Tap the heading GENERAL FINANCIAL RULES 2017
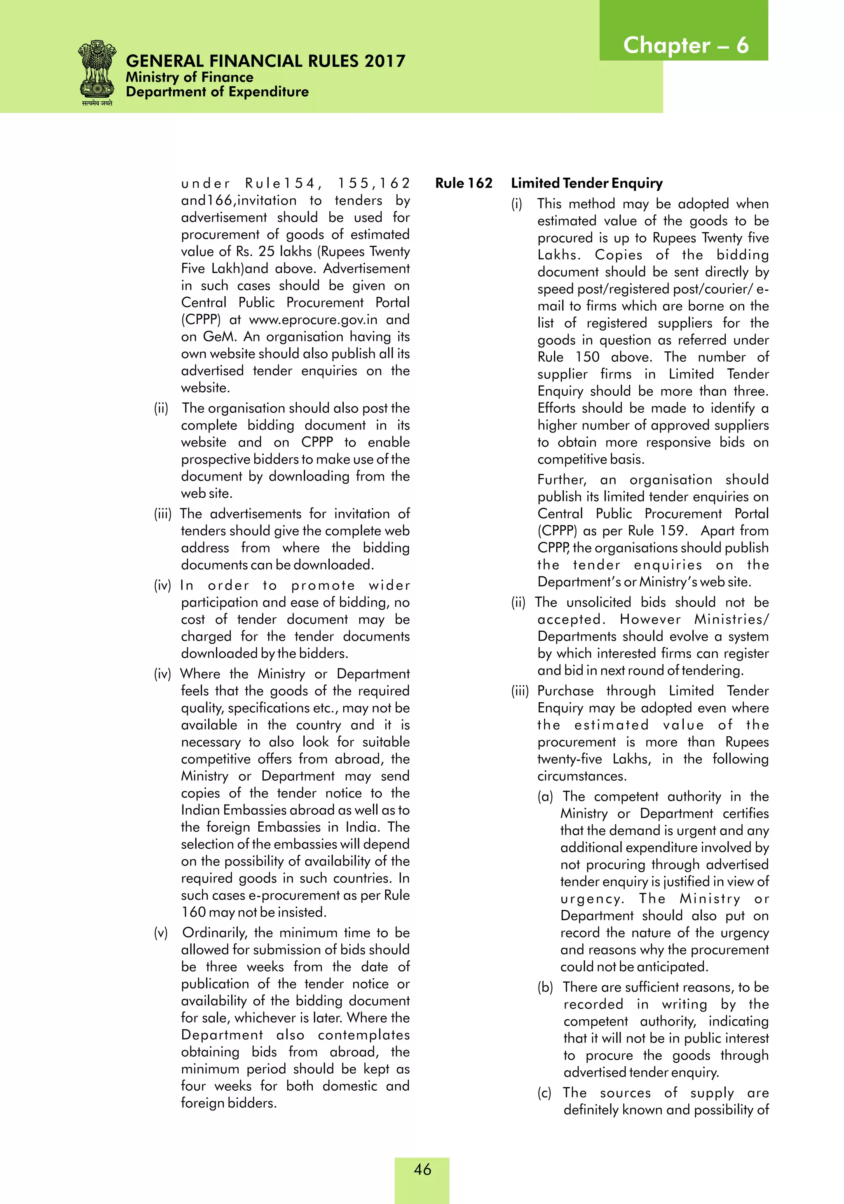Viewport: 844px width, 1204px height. point(265,61)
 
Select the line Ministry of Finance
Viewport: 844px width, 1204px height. point(189,78)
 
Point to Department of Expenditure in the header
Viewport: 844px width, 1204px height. point(217,92)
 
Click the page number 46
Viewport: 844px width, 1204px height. point(422,1169)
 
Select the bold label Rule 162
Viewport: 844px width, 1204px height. point(463,183)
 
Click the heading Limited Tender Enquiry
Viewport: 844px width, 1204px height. point(586,183)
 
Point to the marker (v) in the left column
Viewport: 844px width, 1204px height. point(160,933)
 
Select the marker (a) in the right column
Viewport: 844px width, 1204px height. point(545,797)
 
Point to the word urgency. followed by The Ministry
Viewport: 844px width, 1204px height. point(592,899)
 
